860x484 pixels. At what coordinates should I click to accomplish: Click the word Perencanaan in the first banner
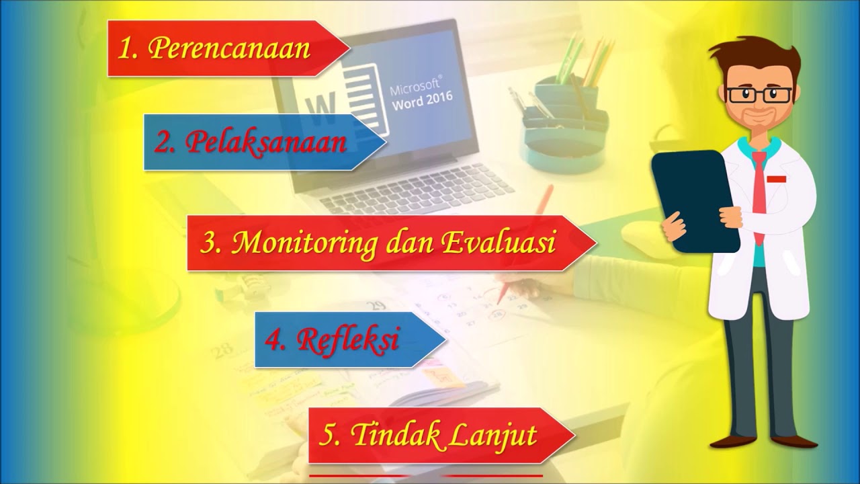pos(229,48)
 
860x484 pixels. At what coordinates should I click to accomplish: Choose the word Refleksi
pos(349,339)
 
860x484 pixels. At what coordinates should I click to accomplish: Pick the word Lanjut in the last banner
pos(493,436)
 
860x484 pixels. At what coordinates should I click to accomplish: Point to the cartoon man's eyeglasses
pos(753,95)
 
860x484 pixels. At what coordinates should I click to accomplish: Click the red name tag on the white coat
pos(777,179)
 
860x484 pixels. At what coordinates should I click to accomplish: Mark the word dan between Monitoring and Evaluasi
pos(409,243)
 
